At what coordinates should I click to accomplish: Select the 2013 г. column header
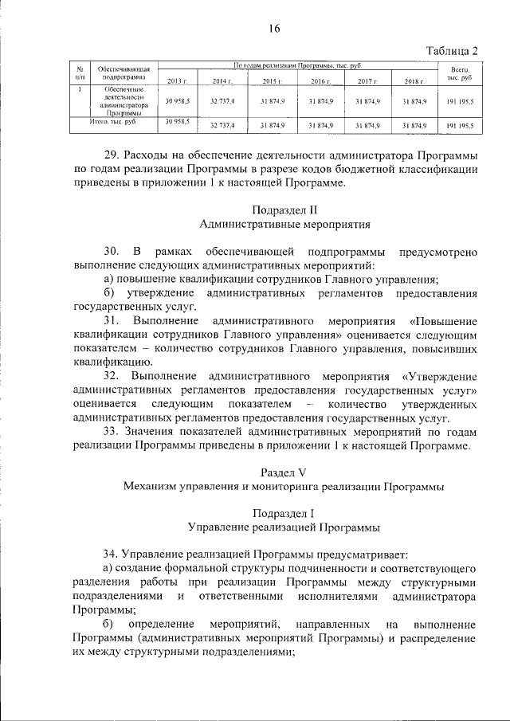pos(177,81)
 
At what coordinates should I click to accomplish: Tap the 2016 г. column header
pos(320,81)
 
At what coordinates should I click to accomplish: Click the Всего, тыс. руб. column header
pos(460,75)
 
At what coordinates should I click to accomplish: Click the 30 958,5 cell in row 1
pos(177,102)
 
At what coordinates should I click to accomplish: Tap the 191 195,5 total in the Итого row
pos(460,126)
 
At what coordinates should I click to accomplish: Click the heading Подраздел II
pos(284,210)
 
